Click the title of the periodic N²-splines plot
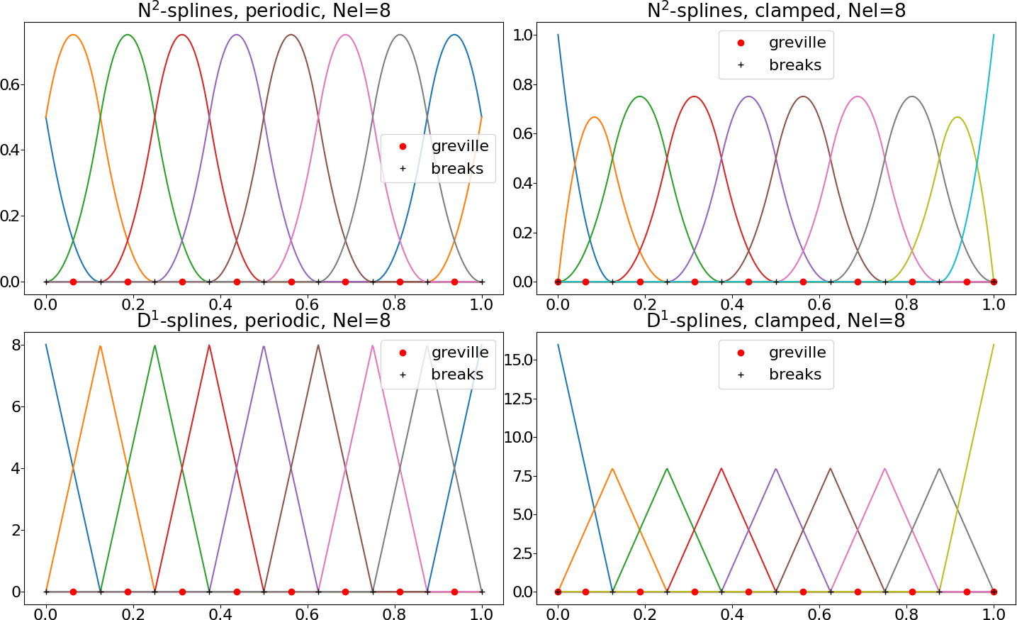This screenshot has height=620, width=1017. [x=264, y=11]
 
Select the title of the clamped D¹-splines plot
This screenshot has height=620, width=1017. [x=776, y=321]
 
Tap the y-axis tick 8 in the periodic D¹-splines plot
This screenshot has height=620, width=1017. [x=16, y=345]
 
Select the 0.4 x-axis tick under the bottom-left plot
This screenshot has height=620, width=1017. [x=220, y=614]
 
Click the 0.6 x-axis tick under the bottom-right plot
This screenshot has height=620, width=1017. [x=819, y=614]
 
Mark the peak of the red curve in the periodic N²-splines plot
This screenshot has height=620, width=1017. [x=182, y=35]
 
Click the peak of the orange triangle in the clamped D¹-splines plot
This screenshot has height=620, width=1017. [x=612, y=468]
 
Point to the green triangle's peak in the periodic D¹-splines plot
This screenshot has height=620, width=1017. [x=155, y=345]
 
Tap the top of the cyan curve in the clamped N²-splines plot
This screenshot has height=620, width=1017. [x=994, y=35]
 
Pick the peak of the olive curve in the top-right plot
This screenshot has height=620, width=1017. [x=957, y=117]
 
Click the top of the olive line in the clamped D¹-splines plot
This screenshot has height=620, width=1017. [x=994, y=345]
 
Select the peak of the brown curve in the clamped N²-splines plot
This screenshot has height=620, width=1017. [x=803, y=96]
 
